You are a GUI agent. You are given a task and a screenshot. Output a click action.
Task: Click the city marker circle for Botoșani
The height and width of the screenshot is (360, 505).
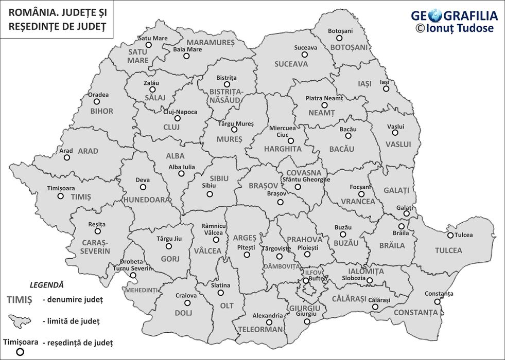tap(339, 38)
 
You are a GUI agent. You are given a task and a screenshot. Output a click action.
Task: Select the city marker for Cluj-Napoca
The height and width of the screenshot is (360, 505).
tap(178, 118)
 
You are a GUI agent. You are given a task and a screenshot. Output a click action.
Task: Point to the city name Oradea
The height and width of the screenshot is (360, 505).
tap(98, 95)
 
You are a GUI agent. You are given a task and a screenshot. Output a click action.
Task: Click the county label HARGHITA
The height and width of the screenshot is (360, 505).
tap(283, 149)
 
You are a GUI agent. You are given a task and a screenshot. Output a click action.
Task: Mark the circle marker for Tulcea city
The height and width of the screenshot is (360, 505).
tap(450, 236)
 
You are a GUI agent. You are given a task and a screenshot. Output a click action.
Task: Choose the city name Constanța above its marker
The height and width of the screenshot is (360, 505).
tap(439, 294)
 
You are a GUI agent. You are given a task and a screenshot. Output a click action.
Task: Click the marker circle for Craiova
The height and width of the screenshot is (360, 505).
tap(187, 303)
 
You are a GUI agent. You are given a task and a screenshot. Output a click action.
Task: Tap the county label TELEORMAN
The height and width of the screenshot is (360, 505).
tap(260, 329)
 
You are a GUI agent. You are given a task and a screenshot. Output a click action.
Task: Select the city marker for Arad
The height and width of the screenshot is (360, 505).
tap(66, 157)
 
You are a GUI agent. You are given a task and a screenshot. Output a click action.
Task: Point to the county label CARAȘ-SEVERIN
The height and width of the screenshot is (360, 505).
tap(95, 246)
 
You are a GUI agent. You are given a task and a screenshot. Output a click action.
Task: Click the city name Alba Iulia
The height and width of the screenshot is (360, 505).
tap(182, 167)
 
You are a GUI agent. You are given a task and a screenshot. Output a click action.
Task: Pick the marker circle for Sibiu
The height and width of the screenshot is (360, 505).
tap(210, 194)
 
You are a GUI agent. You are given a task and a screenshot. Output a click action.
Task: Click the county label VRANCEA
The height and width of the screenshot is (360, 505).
tap(358, 202)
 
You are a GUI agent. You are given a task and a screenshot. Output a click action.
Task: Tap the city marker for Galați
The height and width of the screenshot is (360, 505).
tap(406, 214)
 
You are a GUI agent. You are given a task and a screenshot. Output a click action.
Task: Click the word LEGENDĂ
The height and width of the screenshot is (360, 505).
tap(47, 284)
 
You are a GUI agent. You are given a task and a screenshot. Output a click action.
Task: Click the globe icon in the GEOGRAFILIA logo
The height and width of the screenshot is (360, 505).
tap(436, 15)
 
